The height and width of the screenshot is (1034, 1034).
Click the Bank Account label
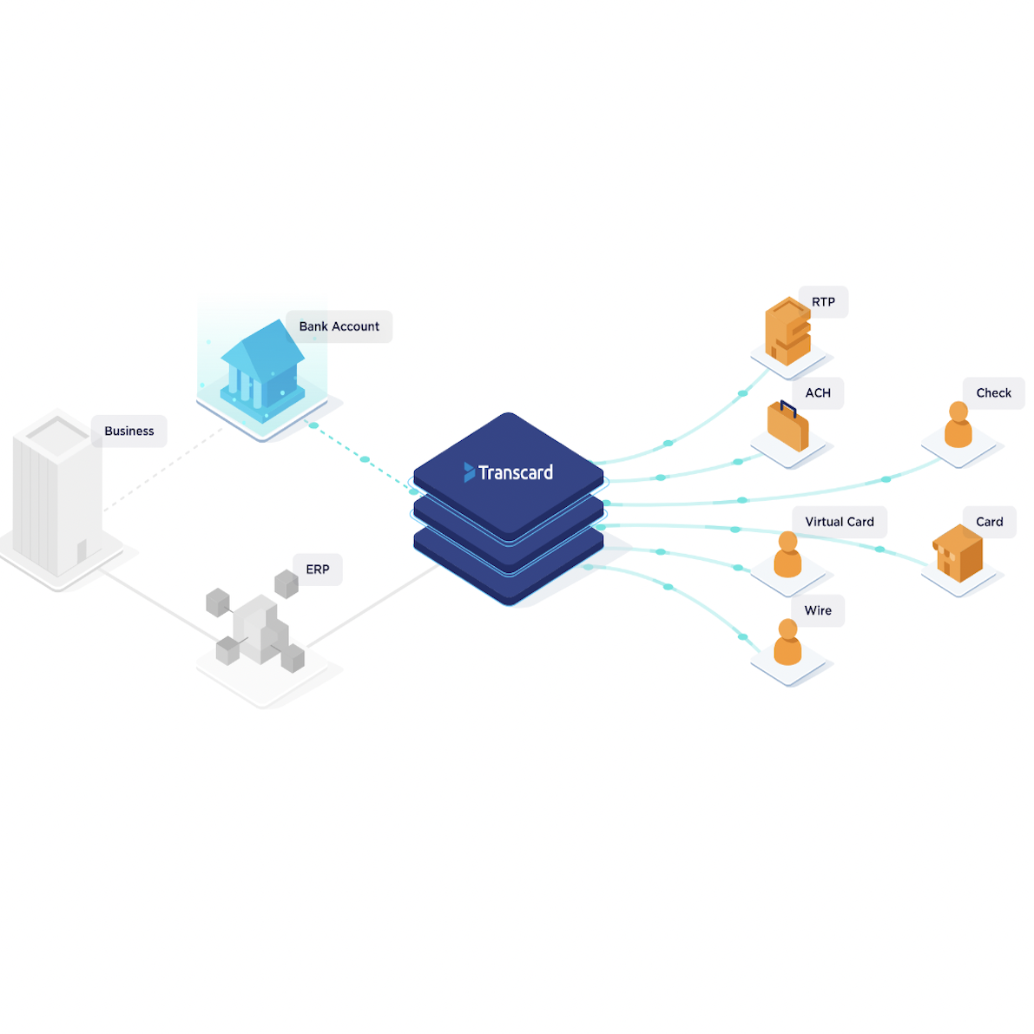339,326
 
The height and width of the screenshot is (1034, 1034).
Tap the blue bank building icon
261,367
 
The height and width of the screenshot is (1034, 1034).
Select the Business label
128,431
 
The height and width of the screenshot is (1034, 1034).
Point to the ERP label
317,570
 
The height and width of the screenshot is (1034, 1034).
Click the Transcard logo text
516,472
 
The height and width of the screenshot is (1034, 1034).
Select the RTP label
823,302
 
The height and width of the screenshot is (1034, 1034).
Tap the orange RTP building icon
787,331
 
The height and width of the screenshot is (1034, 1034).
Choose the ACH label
818,393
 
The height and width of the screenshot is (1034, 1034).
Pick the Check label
993,393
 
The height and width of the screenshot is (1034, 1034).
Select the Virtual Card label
840,522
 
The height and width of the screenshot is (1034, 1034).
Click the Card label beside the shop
989,522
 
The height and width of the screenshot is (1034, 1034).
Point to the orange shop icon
958,553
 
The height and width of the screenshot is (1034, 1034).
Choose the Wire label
818,610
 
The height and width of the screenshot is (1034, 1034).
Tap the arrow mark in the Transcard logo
469,472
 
